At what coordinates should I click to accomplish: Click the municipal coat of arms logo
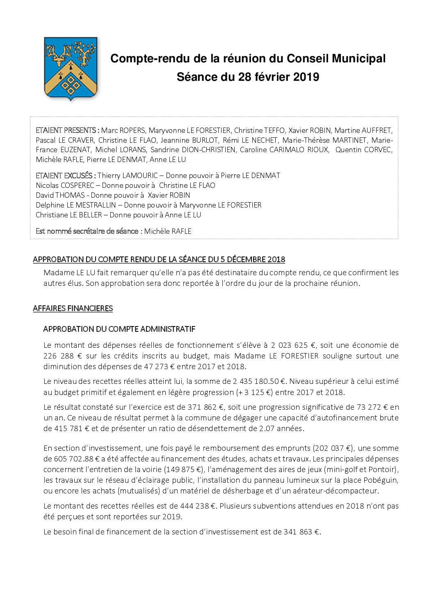tap(71, 68)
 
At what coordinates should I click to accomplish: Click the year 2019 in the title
tap(306, 77)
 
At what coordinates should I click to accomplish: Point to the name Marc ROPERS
tap(123, 130)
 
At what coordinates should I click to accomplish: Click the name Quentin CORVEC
tap(363, 150)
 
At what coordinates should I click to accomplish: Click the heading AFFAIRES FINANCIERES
tap(73, 308)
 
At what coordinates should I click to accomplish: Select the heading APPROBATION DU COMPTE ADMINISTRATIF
tap(119, 329)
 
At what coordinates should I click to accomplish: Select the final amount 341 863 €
tap(302, 532)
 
